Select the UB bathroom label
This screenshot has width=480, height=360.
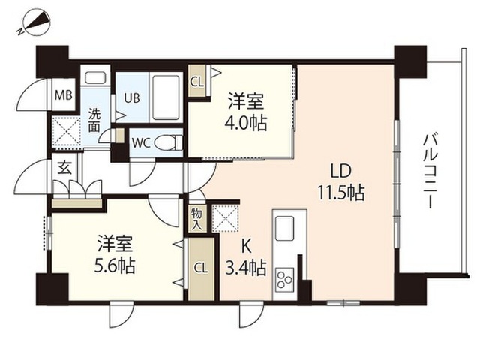(x=131, y=97)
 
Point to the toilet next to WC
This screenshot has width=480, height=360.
(x=171, y=142)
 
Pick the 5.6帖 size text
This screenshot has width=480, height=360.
(x=115, y=265)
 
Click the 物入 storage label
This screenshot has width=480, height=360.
(x=196, y=217)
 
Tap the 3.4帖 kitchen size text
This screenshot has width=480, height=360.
(x=246, y=266)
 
